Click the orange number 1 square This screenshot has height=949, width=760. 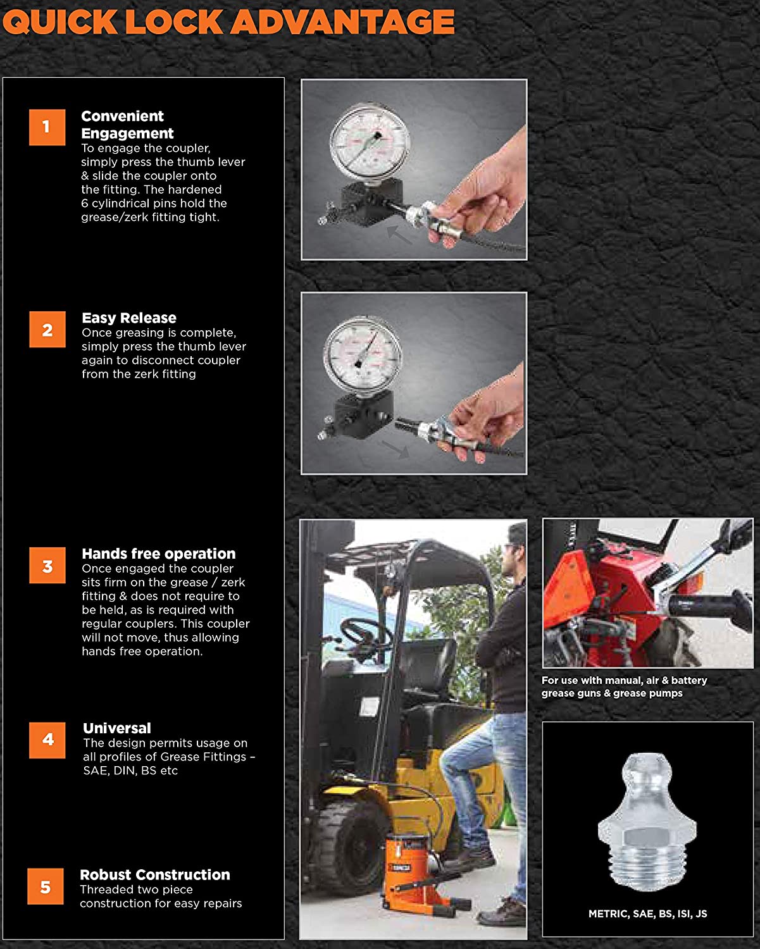[47, 127]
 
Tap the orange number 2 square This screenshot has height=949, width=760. [47, 330]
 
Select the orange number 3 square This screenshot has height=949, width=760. [47, 566]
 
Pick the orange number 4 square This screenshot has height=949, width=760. [47, 740]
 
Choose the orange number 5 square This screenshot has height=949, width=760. [46, 887]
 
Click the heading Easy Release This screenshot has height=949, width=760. [129, 318]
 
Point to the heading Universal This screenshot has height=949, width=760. [117, 728]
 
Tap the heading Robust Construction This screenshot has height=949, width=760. [155, 875]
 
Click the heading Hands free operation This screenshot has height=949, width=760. [159, 554]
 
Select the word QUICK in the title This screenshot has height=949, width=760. [60, 22]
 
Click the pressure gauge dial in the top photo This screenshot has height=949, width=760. [370, 144]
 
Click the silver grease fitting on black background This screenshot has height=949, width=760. [647, 822]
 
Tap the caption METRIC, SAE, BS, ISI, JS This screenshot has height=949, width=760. [647, 914]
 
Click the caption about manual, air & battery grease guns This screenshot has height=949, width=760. [624, 686]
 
